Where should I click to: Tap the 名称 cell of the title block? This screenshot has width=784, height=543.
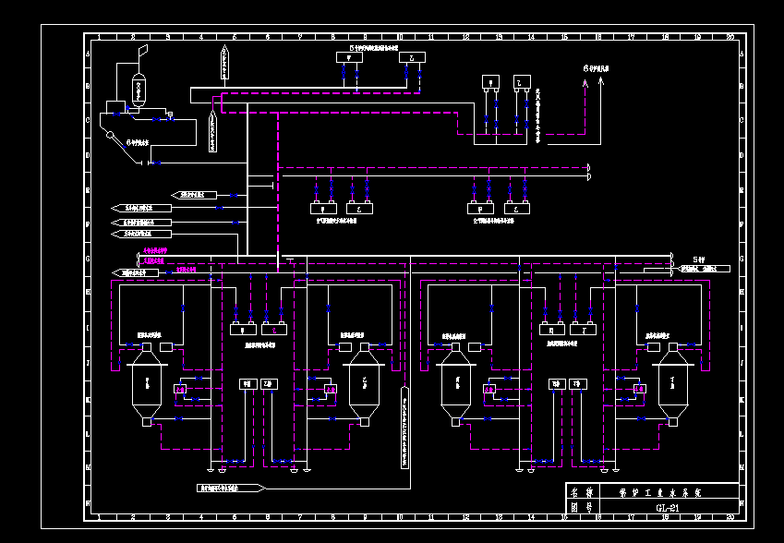(x=582, y=492)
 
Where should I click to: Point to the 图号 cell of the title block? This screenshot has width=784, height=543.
(x=582, y=508)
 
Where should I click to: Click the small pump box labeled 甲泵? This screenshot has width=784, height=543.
(x=247, y=383)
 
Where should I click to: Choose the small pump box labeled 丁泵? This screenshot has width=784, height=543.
(x=577, y=383)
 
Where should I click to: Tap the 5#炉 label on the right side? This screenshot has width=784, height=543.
(x=699, y=259)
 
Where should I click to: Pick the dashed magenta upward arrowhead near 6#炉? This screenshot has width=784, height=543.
(x=585, y=82)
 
